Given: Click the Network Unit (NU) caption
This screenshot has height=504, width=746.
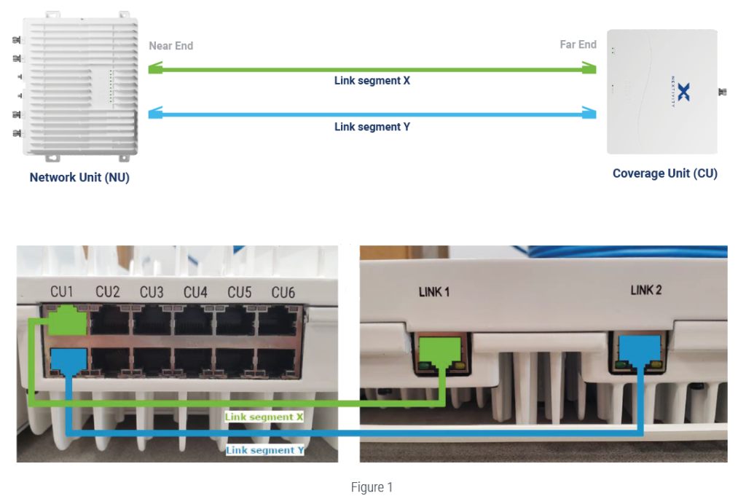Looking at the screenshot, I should pyautogui.click(x=79, y=177).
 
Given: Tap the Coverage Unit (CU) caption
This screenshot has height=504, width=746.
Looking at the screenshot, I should pyautogui.click(x=664, y=173).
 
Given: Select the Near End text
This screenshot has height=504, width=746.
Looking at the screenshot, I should pyautogui.click(x=170, y=45).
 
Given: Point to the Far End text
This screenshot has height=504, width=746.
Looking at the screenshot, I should pyautogui.click(x=578, y=44).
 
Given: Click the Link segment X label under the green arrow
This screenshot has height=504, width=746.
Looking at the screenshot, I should pyautogui.click(x=372, y=81).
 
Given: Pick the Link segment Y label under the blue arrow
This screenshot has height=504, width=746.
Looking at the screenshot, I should pyautogui.click(x=372, y=127).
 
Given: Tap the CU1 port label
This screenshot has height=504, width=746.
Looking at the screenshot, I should pyautogui.click(x=63, y=292).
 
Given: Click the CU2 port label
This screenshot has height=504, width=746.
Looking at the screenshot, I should pyautogui.click(x=107, y=292).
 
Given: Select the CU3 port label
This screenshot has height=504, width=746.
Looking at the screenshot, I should pyautogui.click(x=152, y=292).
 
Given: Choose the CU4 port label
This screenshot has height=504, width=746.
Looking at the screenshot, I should pyautogui.click(x=195, y=292).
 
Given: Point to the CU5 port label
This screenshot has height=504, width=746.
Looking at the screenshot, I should pyautogui.click(x=239, y=292).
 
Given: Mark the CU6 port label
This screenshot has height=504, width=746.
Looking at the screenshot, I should pyautogui.click(x=283, y=292).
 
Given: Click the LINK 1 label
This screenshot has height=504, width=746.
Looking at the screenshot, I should pyautogui.click(x=434, y=292).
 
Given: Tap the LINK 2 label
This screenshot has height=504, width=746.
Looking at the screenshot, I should pyautogui.click(x=645, y=291).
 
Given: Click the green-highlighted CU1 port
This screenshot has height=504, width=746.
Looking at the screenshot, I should pyautogui.click(x=67, y=322).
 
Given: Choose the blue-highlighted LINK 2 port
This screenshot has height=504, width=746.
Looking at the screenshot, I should pyautogui.click(x=640, y=350).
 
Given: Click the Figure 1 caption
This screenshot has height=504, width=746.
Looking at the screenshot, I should pyautogui.click(x=372, y=487).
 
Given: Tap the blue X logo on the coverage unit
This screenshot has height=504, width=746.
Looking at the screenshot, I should pyautogui.click(x=683, y=91).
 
